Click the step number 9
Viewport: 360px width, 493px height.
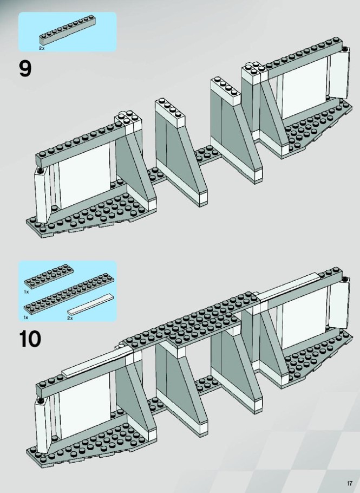tap(25, 69)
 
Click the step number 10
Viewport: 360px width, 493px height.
tap(30, 339)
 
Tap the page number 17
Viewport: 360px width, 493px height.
tap(349, 483)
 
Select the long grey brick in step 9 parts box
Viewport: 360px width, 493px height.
tap(68, 30)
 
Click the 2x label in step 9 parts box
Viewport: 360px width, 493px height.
tap(42, 48)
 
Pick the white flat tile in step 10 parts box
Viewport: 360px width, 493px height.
tap(90, 304)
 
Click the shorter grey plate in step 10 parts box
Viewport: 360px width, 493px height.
tap(49, 276)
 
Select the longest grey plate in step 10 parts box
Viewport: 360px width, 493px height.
tap(69, 294)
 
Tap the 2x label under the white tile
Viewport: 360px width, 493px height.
tap(70, 318)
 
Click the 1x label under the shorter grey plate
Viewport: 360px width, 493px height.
tap(27, 292)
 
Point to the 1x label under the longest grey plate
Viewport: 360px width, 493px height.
tap(26, 317)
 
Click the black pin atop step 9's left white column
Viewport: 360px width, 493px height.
tap(40, 171)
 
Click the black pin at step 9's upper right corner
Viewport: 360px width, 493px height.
tap(345, 49)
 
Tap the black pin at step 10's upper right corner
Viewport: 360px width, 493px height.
tap(345, 279)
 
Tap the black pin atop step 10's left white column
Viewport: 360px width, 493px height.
tap(40, 400)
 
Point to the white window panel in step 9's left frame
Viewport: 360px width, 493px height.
tap(84, 176)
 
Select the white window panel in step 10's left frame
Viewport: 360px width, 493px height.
tap(84, 406)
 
